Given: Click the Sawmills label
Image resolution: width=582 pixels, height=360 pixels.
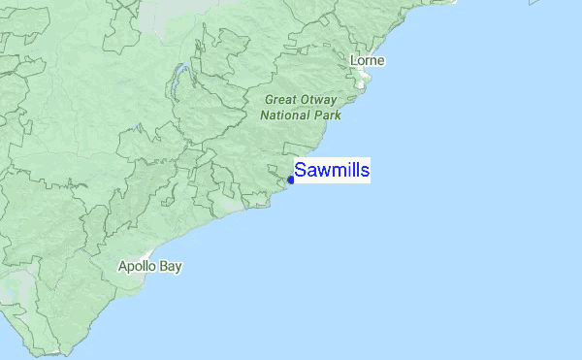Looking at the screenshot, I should click(332, 171).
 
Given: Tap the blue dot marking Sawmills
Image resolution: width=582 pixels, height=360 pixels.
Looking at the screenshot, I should click(291, 180).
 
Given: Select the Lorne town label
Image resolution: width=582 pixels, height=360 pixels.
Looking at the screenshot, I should click(368, 61).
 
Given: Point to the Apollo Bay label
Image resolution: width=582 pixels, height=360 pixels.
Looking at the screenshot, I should click(149, 266).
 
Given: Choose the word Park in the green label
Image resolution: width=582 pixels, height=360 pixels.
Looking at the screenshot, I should click(329, 115).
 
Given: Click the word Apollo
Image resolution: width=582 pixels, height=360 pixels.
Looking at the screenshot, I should click(137, 266).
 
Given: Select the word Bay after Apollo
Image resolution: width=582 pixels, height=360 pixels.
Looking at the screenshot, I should click(171, 266).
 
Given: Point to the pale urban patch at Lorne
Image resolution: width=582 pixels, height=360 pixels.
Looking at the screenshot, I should click(361, 82).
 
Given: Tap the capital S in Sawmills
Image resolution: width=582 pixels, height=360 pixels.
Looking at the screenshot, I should click(300, 171).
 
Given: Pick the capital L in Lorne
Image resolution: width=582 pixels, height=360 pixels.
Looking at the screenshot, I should click(354, 61).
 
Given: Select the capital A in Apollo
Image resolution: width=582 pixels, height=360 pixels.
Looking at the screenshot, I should click(122, 266).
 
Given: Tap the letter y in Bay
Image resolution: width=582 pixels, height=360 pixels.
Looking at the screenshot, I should click(178, 267).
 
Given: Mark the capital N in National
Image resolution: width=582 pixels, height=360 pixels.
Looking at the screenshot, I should click(265, 115).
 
